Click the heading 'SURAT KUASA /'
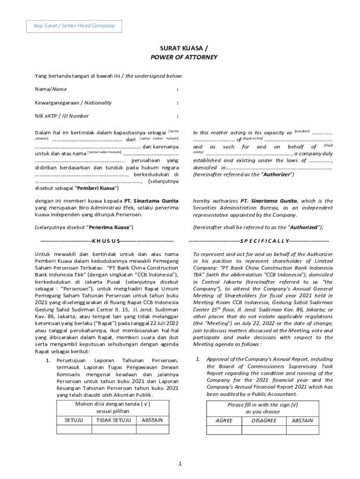180,48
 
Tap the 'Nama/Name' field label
50,89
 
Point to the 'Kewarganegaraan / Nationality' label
73,102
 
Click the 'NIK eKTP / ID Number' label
62,116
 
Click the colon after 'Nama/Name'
177,89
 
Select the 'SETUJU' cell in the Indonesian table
74,420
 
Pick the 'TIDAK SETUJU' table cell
113,420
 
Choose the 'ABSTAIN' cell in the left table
152,420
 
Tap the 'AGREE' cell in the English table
224,421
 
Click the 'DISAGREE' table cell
264,421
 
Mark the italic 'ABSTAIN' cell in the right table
302,421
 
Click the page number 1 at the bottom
180,464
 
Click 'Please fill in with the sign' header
262,405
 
